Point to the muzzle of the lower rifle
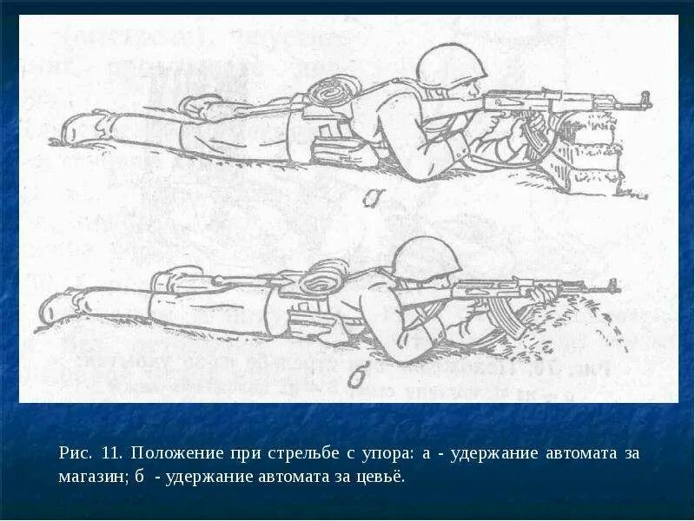tap(615, 286)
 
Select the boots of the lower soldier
tap(56, 308)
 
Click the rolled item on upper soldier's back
tap(334, 90)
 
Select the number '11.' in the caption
tap(111, 454)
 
